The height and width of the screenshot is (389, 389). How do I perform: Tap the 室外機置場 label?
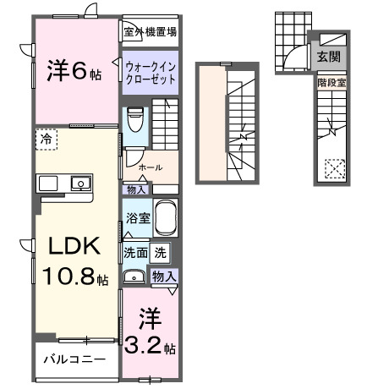click(x=150, y=33)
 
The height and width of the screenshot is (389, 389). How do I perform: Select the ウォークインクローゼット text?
click(x=151, y=70)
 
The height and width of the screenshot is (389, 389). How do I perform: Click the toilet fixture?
click(x=134, y=120)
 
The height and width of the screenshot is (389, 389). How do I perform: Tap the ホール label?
click(x=151, y=167)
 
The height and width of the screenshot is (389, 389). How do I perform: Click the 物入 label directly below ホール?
click(x=135, y=189)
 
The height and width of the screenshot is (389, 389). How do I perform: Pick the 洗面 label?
click(x=136, y=251)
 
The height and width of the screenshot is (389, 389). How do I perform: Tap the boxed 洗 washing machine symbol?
click(x=161, y=251)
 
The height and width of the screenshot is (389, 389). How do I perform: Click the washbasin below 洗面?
click(x=134, y=276)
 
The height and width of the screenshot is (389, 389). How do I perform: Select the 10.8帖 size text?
click(x=74, y=277)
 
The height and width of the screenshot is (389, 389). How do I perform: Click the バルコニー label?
click(x=75, y=359)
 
